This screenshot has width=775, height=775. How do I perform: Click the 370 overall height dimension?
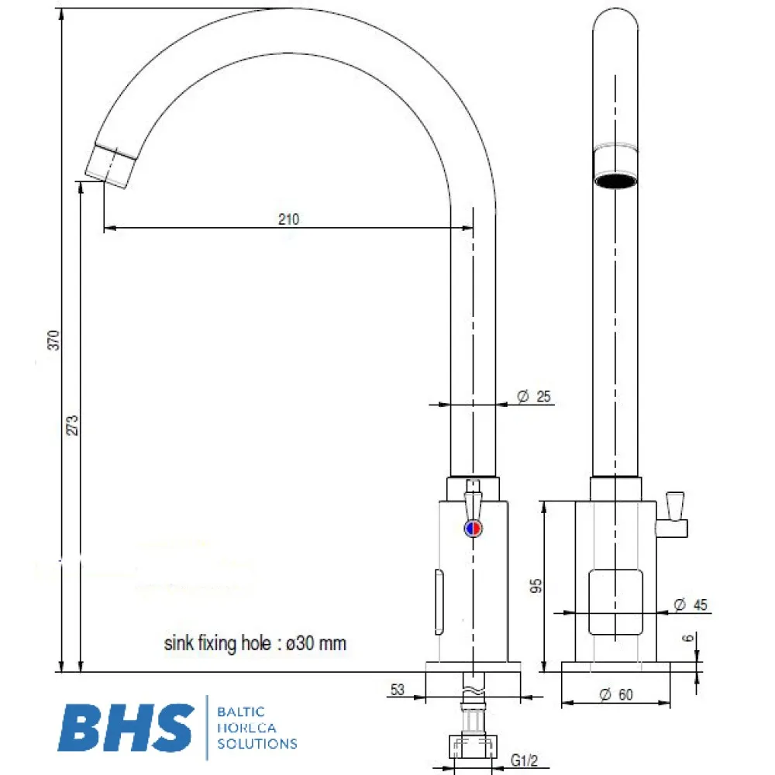53,339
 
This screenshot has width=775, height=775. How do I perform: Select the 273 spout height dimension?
73,425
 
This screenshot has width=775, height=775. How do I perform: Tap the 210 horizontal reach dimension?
288,219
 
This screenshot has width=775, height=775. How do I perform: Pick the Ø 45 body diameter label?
690,604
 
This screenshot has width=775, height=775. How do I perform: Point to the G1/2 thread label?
525,761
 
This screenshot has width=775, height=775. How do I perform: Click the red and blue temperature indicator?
472,529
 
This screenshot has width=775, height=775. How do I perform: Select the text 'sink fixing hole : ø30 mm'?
255,643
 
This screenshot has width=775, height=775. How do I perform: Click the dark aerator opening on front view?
615,181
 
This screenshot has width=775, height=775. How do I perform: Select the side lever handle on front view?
673,515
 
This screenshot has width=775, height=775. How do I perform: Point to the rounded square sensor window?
615,601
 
